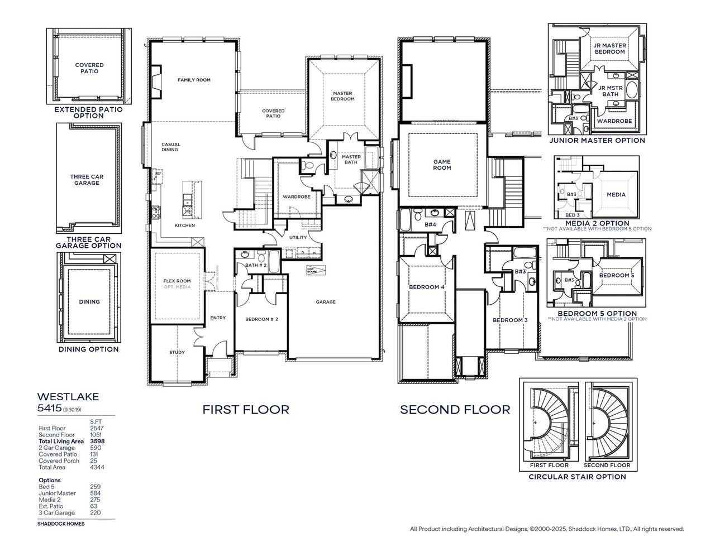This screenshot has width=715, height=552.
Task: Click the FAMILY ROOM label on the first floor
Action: (x=194, y=80)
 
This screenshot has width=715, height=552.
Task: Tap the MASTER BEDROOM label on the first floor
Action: (x=342, y=96)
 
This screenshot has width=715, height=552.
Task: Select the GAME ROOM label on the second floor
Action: (x=442, y=165)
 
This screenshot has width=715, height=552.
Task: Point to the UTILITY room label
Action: (x=298, y=237)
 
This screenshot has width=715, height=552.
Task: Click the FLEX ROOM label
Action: (x=177, y=281)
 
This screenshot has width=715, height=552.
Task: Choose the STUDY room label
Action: (x=177, y=352)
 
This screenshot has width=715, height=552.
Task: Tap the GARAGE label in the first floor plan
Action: (x=326, y=302)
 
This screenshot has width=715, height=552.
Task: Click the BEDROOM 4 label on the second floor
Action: (x=426, y=287)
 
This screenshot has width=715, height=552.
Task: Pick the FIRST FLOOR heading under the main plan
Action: (x=246, y=410)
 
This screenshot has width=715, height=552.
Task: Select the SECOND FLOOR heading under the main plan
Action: (x=455, y=410)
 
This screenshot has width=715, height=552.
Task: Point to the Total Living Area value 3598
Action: (x=97, y=441)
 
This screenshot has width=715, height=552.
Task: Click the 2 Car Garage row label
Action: (x=56, y=448)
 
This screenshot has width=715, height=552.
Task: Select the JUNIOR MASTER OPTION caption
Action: (x=597, y=141)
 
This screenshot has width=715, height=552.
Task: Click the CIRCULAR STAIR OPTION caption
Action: (x=577, y=477)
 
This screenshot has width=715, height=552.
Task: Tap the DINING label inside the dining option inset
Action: (x=89, y=302)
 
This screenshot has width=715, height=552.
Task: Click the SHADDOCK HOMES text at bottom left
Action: (x=61, y=524)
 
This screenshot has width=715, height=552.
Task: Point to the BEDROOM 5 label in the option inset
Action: (x=617, y=276)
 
